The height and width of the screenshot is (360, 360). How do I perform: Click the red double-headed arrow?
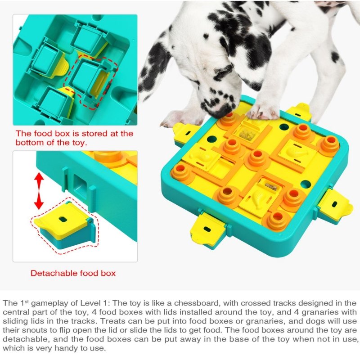point(39,191)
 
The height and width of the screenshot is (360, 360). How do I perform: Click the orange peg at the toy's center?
point(256,158)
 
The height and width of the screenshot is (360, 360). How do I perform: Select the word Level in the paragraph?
point(90,303)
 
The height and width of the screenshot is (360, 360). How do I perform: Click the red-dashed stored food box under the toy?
point(91,83)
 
